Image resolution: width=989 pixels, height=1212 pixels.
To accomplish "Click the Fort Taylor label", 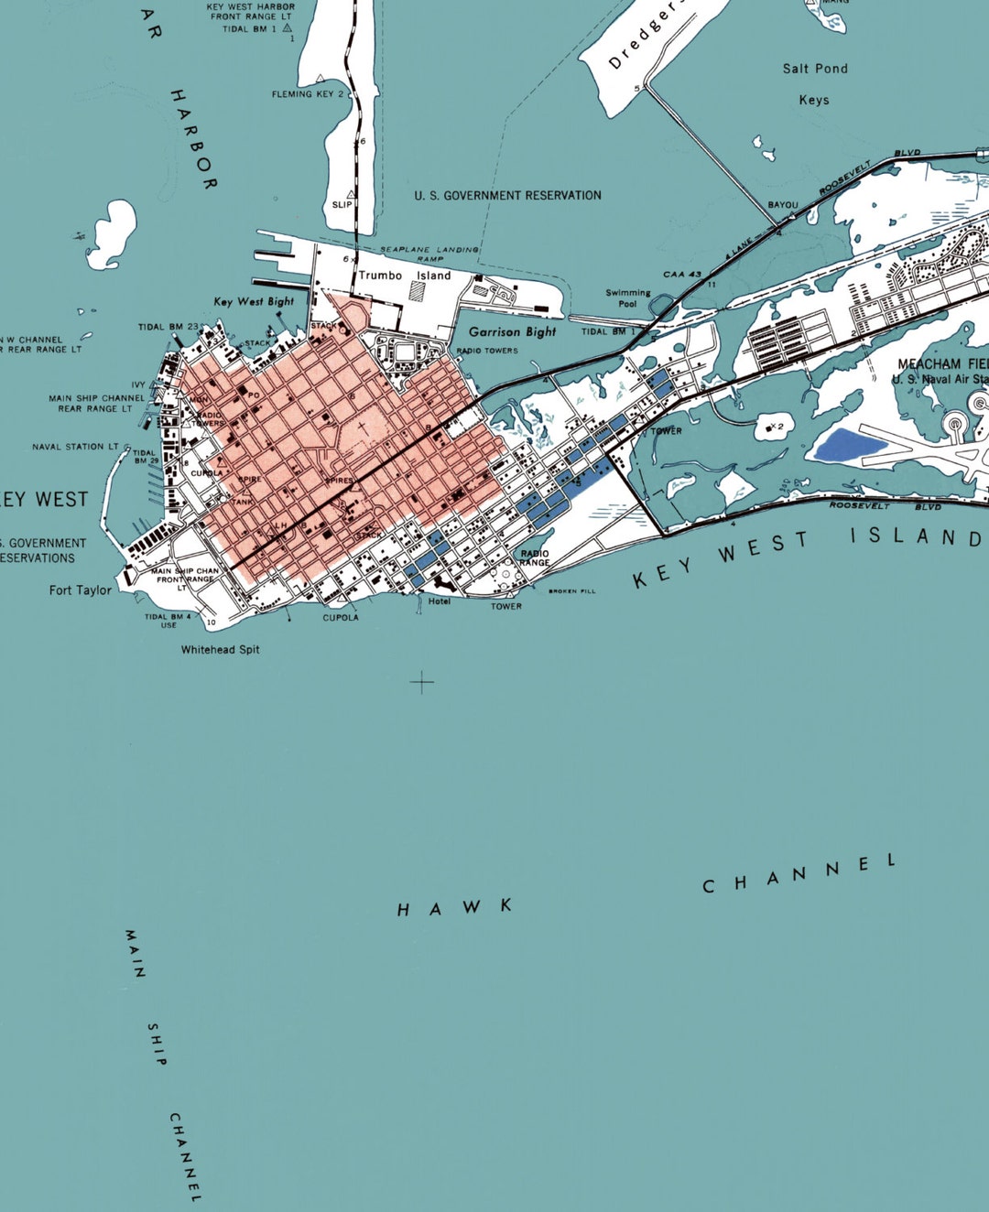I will click(x=81, y=590).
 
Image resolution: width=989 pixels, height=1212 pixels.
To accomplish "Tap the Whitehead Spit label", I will click(x=220, y=650).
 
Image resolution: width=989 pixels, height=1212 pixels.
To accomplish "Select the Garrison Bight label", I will click(x=512, y=332).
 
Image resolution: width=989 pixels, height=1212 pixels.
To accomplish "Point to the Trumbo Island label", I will click(x=405, y=276).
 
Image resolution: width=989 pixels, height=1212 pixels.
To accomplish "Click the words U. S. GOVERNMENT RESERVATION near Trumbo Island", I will click(x=507, y=196).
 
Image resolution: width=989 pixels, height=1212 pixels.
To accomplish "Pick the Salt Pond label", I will click(x=815, y=69).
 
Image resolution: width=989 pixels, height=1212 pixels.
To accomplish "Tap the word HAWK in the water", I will click(x=454, y=908).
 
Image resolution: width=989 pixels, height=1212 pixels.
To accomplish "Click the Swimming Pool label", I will click(x=628, y=298).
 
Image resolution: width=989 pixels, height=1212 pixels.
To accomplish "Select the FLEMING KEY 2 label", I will click(x=308, y=94).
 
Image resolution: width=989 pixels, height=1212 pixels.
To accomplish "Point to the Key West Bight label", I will click(x=254, y=301).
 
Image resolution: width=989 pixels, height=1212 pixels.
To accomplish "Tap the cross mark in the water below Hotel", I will click(x=421, y=682).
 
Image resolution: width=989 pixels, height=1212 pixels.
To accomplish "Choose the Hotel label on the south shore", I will click(x=440, y=601).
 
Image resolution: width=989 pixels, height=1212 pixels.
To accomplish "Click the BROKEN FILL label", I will click(x=572, y=591).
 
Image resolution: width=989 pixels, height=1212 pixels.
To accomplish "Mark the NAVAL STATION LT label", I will click(x=75, y=447).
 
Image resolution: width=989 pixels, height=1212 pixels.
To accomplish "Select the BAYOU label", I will click(x=783, y=205).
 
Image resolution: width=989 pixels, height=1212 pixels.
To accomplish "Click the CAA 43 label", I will click(x=682, y=275).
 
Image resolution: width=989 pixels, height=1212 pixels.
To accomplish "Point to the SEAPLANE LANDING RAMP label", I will click(x=429, y=254).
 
